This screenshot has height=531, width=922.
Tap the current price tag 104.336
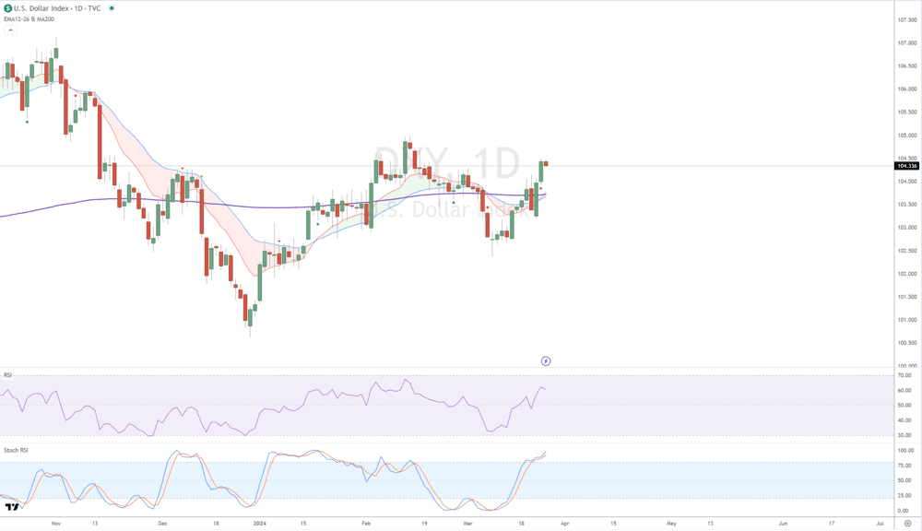[x=906, y=166]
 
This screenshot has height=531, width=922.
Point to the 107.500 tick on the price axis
[x=906, y=19]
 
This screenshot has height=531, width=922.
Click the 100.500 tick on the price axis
[x=906, y=343]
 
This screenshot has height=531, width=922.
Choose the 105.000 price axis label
[x=906, y=136]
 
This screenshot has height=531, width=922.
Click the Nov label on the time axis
[x=55, y=523]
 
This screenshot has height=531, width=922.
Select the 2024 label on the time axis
[x=259, y=523]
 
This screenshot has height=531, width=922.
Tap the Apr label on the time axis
[x=564, y=523]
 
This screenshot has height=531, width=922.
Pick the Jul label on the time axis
[x=880, y=523]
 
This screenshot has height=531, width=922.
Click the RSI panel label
[x=8, y=375]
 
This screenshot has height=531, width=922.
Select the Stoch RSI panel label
[x=15, y=450]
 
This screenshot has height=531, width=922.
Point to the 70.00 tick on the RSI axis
[x=904, y=375]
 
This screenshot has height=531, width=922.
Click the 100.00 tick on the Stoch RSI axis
[x=904, y=451]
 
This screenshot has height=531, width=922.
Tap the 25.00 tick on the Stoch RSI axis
[x=904, y=495]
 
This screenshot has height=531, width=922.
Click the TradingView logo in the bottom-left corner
[x=12, y=507]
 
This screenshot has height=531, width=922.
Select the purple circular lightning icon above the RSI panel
[x=546, y=361]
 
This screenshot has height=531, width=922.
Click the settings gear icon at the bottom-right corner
[x=907, y=523]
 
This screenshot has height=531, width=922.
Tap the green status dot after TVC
[x=112, y=7]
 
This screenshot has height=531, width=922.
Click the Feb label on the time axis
[x=366, y=523]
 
